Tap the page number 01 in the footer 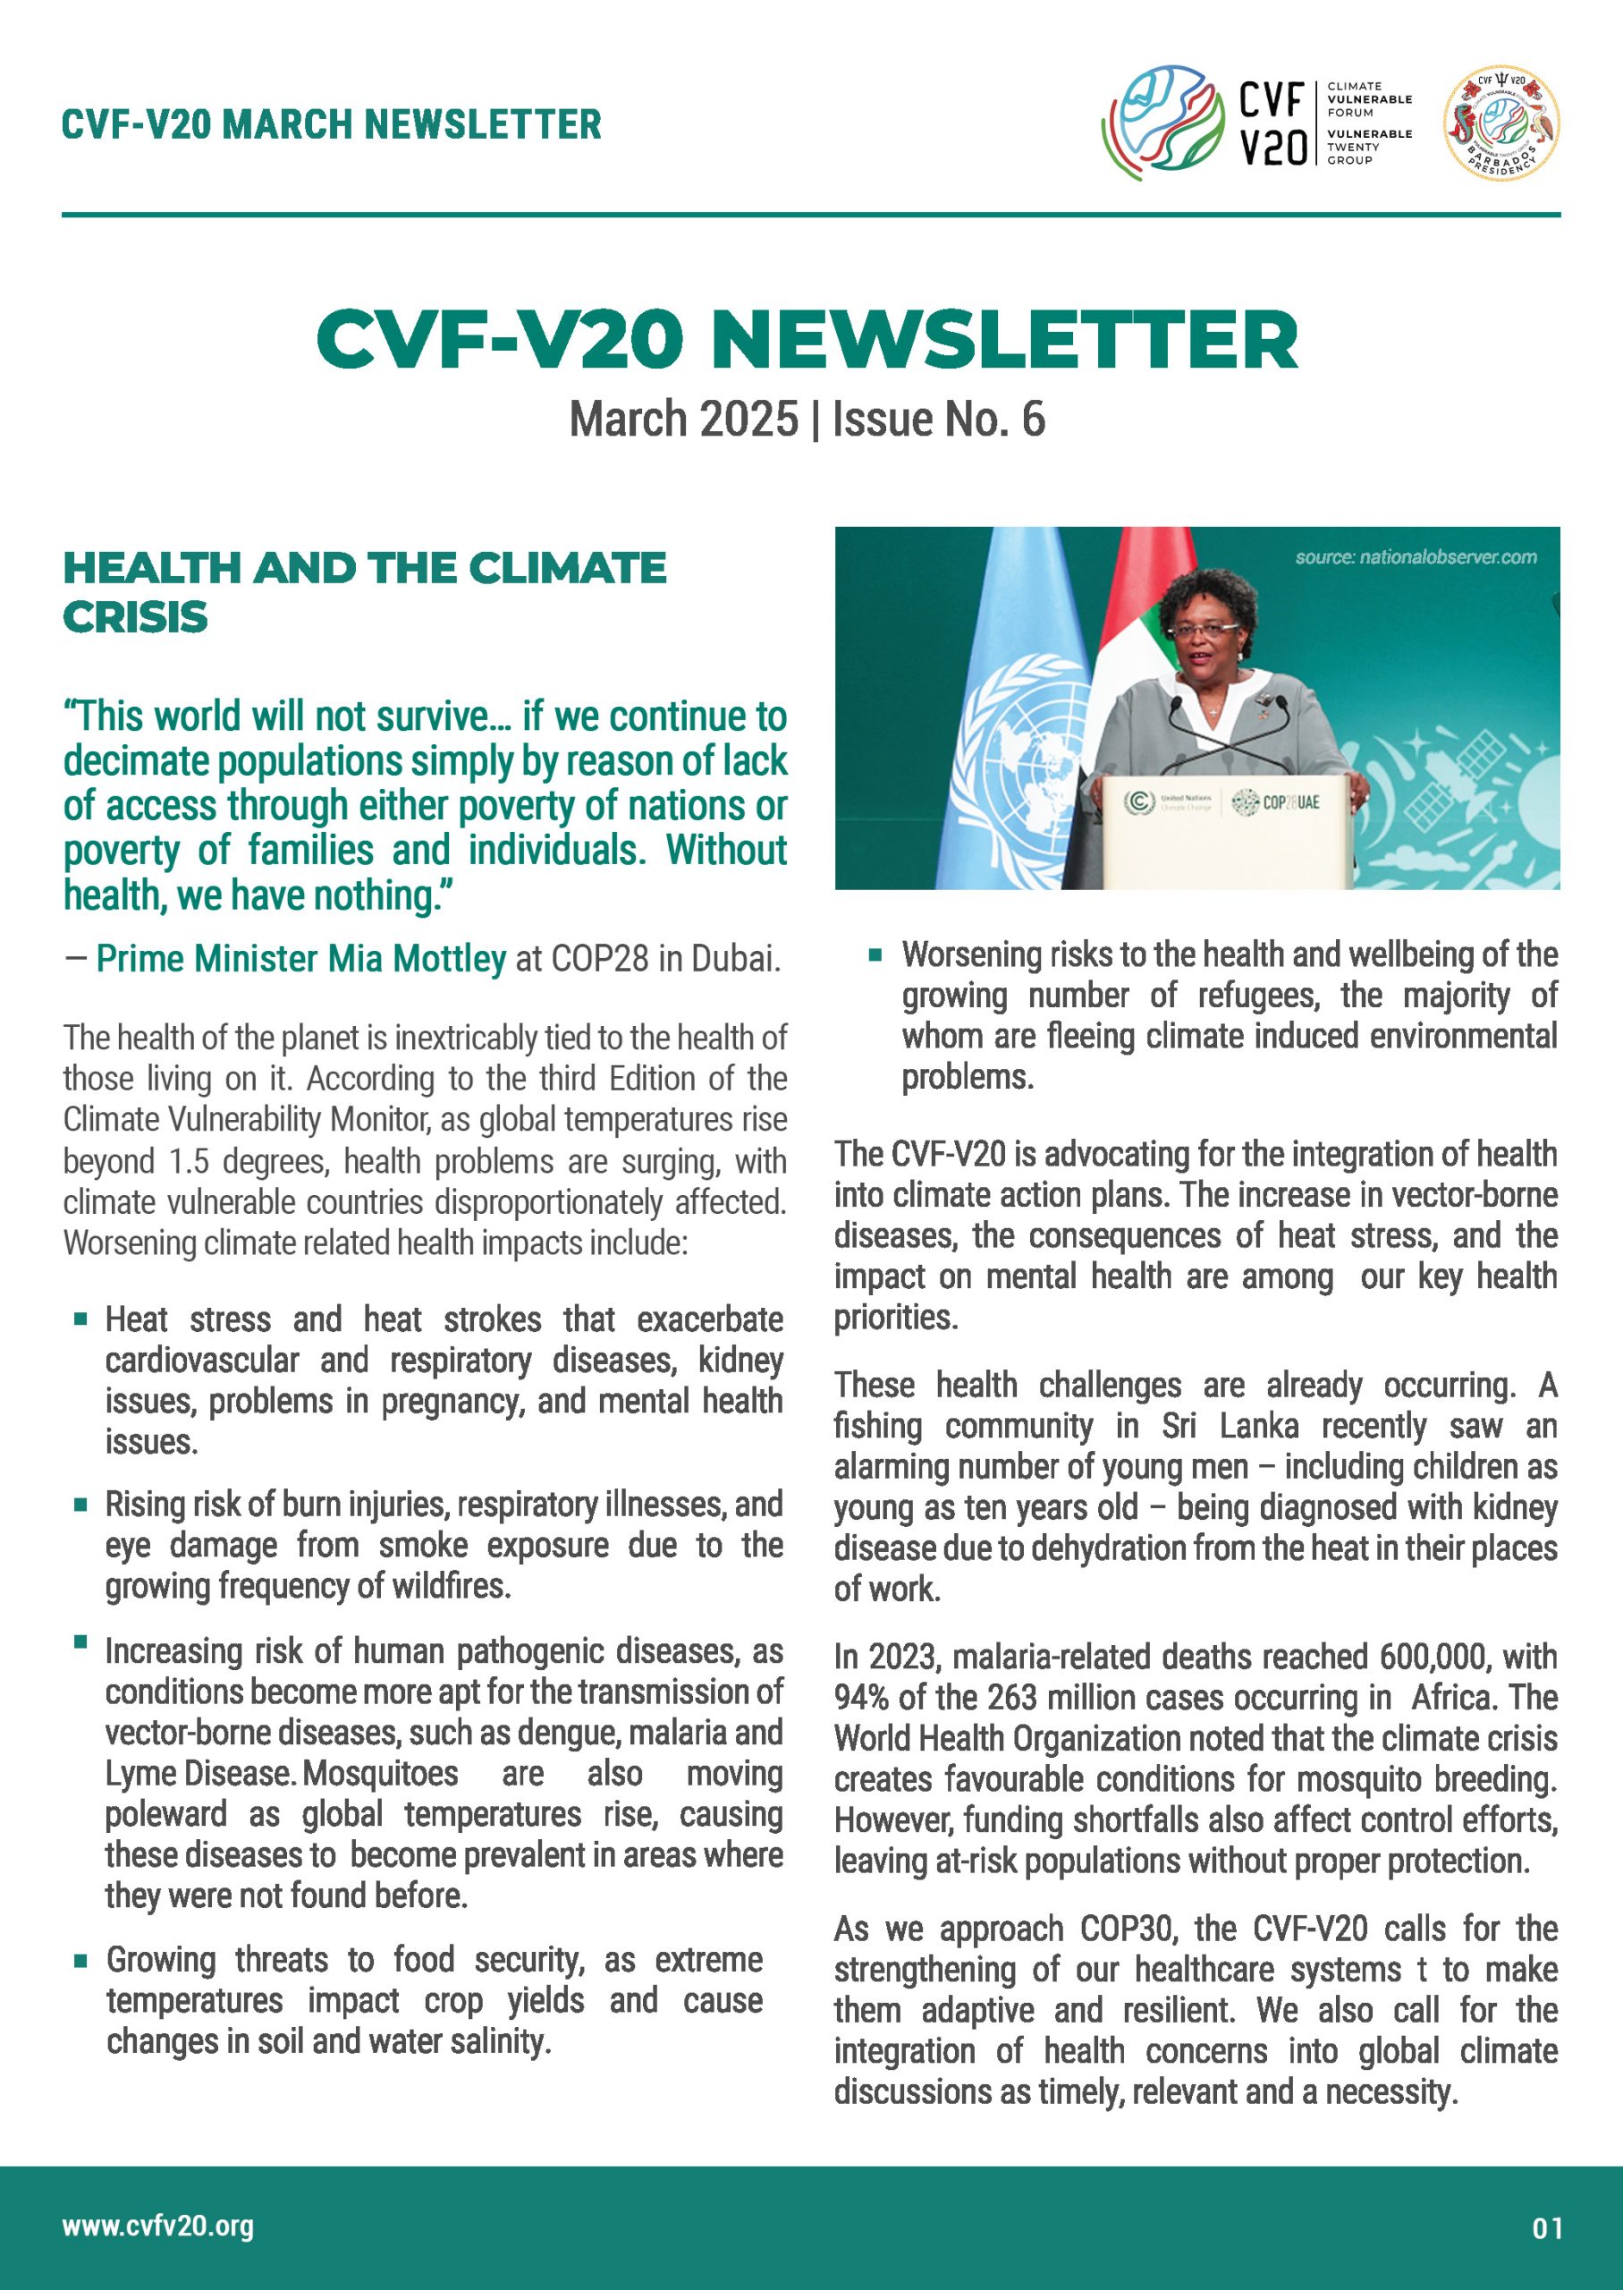click(x=1547, y=2228)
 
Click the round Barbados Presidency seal click(x=1501, y=123)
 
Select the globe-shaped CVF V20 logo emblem click(x=1162, y=123)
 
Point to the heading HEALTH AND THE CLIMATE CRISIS click(x=364, y=592)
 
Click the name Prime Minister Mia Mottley click(x=300, y=959)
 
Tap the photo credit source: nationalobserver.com click(x=1416, y=556)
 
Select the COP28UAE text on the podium click(x=1291, y=801)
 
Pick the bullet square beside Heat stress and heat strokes click(x=81, y=1319)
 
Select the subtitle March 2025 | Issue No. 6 click(x=807, y=419)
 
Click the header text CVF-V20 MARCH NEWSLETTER click(x=331, y=125)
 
